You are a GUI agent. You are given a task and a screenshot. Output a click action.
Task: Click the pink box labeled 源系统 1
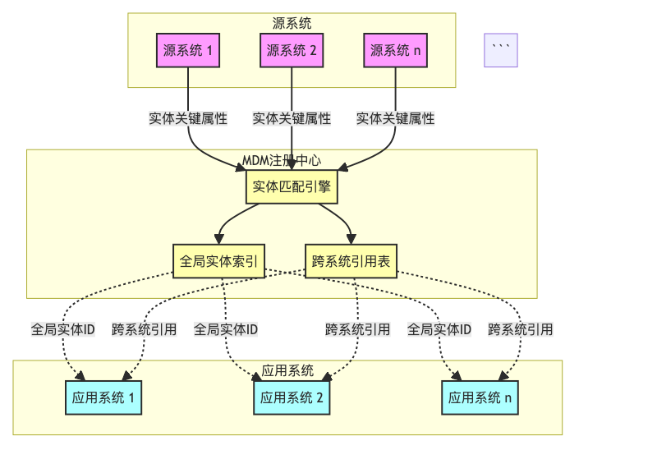pyautogui.click(x=188, y=51)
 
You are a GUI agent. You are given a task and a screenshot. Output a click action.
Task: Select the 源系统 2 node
pyautogui.click(x=292, y=51)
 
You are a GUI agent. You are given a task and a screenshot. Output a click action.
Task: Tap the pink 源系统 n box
pyautogui.click(x=395, y=51)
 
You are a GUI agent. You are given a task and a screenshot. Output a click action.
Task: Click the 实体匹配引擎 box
pyautogui.click(x=292, y=186)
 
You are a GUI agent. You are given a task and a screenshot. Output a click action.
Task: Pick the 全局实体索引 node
pyautogui.click(x=218, y=262)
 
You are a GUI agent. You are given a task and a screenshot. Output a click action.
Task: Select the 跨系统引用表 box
pyautogui.click(x=351, y=262)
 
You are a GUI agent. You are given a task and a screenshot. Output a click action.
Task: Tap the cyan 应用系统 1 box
pyautogui.click(x=103, y=398)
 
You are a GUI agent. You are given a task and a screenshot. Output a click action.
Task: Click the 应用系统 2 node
pyautogui.click(x=292, y=398)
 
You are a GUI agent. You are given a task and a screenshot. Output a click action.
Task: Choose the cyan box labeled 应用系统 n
pyautogui.click(x=480, y=398)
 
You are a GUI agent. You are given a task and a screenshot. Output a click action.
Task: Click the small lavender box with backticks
pyautogui.click(x=501, y=51)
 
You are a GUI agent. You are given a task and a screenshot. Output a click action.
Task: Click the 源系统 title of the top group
pyautogui.click(x=292, y=23)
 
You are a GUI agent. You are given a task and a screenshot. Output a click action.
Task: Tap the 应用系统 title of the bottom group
pyautogui.click(x=287, y=370)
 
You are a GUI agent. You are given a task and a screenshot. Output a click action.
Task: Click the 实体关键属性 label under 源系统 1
pyautogui.click(x=188, y=118)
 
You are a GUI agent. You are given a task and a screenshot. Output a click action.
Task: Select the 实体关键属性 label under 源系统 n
pyautogui.click(x=395, y=118)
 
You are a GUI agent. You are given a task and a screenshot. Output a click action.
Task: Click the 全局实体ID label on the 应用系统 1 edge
pyautogui.click(x=63, y=329)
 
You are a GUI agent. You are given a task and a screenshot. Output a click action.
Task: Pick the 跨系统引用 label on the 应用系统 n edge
pyautogui.click(x=520, y=329)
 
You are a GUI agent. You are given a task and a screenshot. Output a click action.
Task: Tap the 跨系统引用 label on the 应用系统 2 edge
pyautogui.click(x=357, y=329)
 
